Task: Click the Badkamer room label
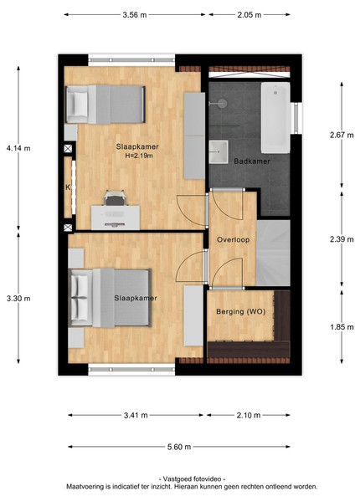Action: click(252, 161)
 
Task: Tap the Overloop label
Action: click(234, 239)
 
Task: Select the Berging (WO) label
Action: click(241, 311)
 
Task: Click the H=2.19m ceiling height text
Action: click(139, 156)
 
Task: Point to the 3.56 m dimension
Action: click(135, 15)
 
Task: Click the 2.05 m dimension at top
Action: click(249, 15)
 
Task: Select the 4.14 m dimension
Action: click(18, 148)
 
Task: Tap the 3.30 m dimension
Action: click(18, 299)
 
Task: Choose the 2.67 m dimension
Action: click(342, 135)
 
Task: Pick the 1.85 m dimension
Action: click(342, 327)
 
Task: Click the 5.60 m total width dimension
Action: click(179, 447)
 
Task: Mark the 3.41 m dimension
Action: click(136, 415)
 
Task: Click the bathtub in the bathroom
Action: click(275, 117)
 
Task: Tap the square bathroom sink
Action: click(219, 151)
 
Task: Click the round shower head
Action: click(221, 104)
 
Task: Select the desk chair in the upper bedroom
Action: click(115, 197)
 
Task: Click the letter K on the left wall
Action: click(68, 187)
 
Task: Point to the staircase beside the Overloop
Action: click(273, 253)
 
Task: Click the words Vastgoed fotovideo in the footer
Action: click(192, 479)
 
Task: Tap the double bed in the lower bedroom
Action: click(110, 298)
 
